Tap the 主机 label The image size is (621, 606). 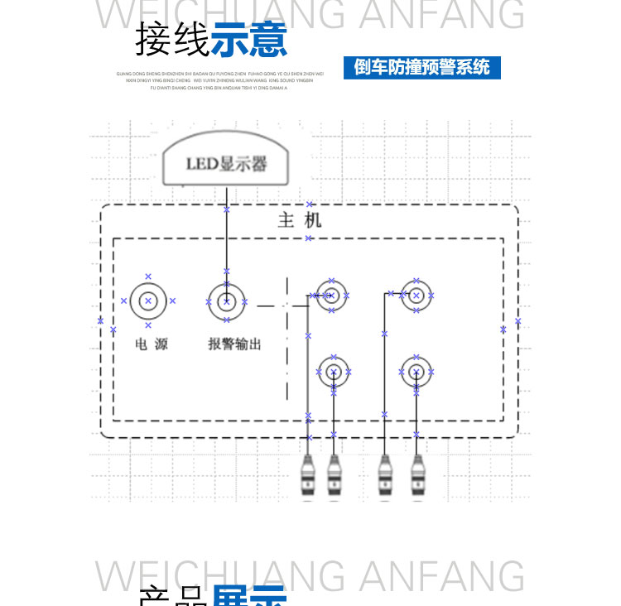tap(299, 220)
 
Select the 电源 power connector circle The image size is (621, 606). tap(148, 301)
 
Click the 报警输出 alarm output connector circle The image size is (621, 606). tap(225, 301)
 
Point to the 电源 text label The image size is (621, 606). tap(151, 344)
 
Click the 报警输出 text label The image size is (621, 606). tap(234, 344)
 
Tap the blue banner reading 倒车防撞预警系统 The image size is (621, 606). tap(421, 67)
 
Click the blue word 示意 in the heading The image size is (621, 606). tap(249, 39)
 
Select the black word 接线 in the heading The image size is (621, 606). tap(172, 39)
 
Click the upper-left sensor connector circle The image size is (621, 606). tap(331, 295)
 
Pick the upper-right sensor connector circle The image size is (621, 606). tap(416, 295)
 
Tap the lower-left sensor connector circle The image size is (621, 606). tap(333, 372)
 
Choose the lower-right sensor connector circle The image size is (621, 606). tap(416, 372)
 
